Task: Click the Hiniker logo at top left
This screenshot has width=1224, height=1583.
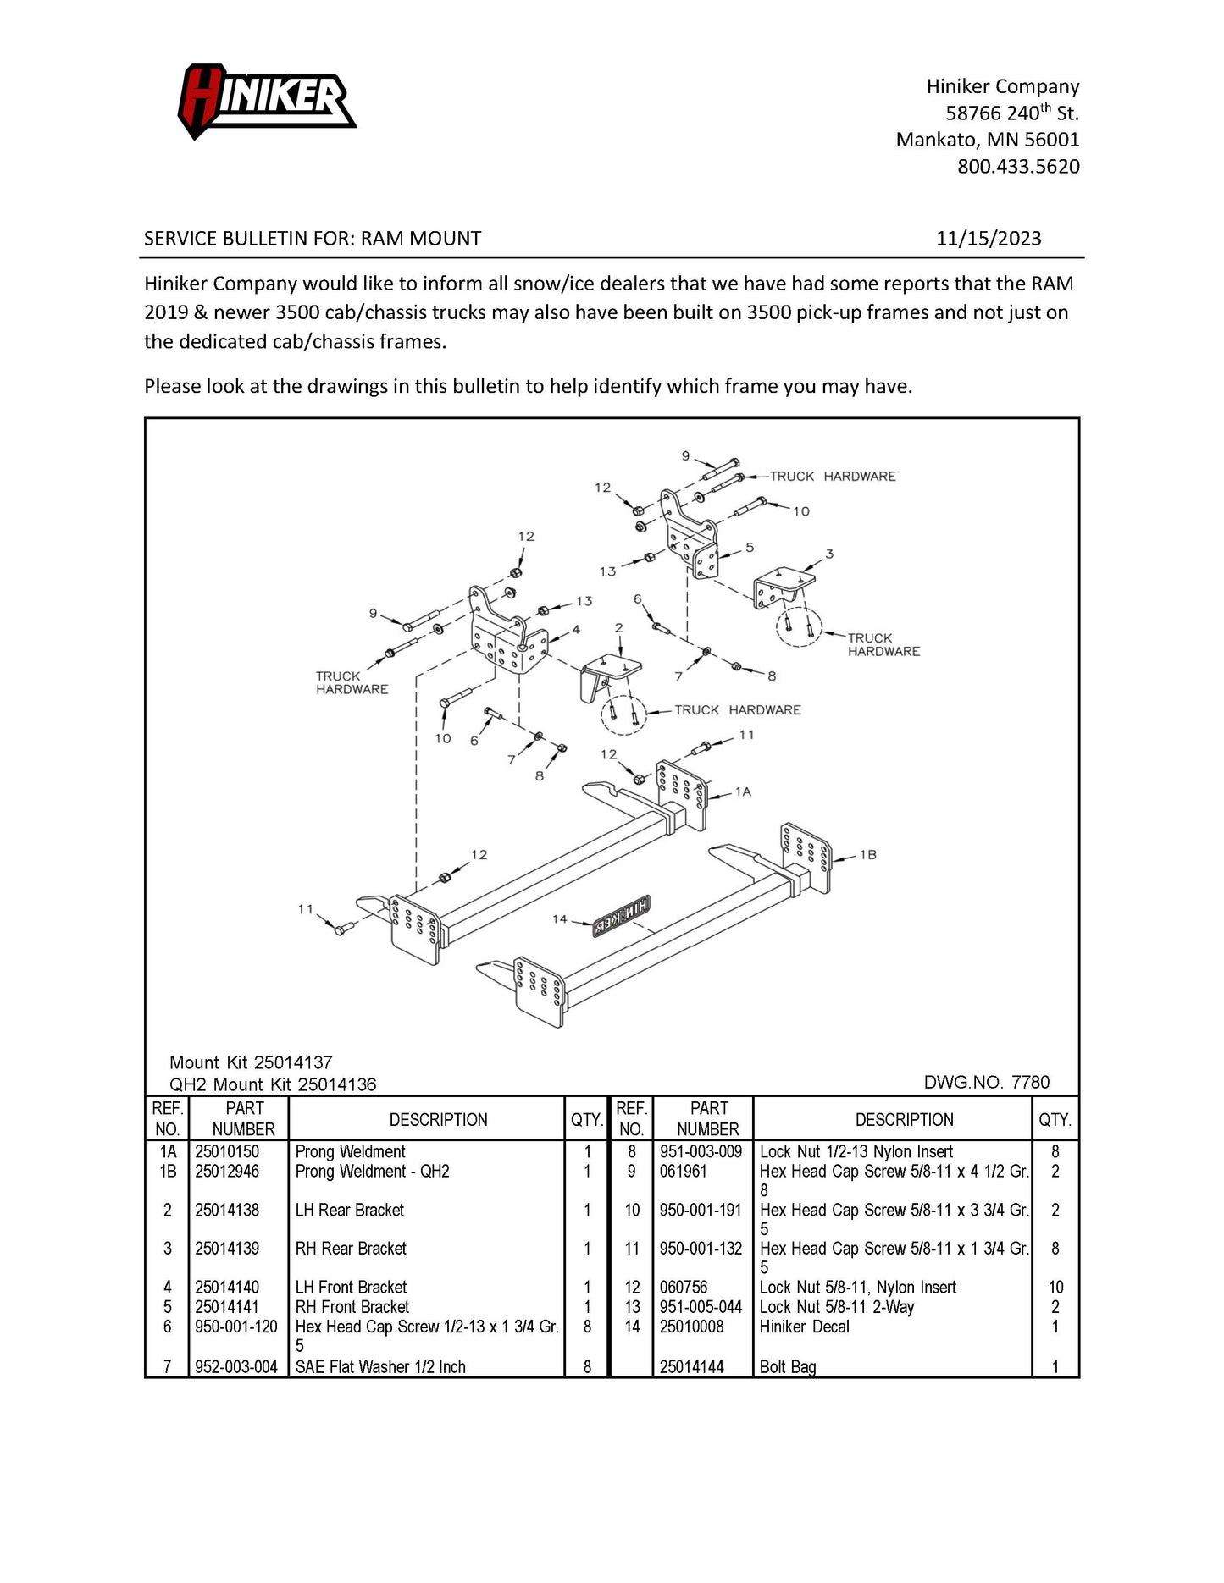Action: coord(266,100)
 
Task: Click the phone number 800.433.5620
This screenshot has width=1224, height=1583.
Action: coord(1018,166)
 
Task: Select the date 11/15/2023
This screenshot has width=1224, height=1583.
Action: coord(988,239)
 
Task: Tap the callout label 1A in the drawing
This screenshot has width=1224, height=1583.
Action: coord(743,791)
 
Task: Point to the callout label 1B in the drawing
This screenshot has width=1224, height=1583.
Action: coord(867,855)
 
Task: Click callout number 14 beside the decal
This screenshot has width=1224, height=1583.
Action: coord(559,918)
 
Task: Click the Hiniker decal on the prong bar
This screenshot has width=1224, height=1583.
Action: coord(620,916)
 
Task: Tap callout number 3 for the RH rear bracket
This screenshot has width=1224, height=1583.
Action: coord(829,554)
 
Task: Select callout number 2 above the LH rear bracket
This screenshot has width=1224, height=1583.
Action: coord(618,627)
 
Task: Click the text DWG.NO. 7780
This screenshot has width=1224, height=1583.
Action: coord(986,1082)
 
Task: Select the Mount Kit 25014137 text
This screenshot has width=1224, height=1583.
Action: coord(251,1062)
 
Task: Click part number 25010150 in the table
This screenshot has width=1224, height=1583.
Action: coord(227,1151)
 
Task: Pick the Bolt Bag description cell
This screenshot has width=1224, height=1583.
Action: coord(788,1366)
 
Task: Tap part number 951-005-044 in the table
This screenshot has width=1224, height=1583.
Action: coord(701,1307)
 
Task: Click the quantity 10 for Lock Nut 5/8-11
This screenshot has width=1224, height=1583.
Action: coord(1055,1288)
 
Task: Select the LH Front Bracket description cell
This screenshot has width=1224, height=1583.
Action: coord(351,1288)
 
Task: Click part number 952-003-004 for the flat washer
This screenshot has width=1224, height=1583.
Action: coord(236,1366)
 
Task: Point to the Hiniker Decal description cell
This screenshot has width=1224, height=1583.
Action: coord(804,1327)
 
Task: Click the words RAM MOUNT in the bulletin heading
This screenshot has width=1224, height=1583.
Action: coord(421,239)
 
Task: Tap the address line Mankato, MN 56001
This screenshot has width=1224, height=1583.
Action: coord(988,140)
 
